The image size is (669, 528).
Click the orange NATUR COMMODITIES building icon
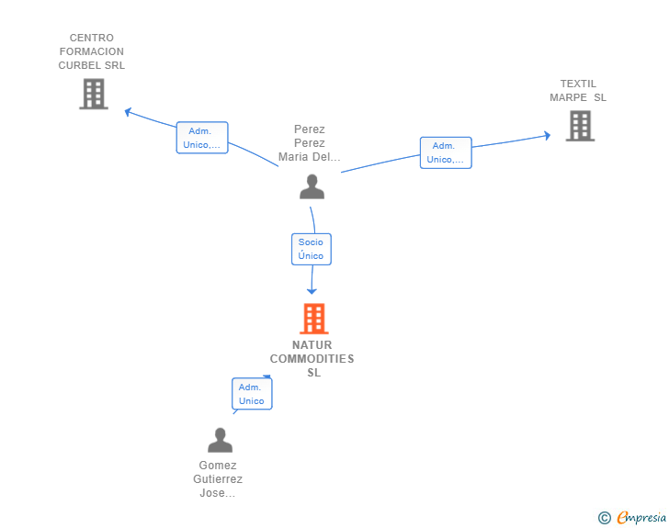tap(314, 318)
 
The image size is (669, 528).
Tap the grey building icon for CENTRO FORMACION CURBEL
tap(94, 94)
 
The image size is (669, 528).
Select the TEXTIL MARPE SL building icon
tap(580, 126)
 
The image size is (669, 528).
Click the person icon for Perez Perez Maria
tap(312, 186)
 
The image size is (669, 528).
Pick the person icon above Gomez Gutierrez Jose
tap(221, 440)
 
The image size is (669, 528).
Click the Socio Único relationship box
tap(312, 249)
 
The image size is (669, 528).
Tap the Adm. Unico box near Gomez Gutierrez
tap(252, 394)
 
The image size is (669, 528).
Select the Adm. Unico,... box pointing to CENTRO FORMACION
tap(202, 138)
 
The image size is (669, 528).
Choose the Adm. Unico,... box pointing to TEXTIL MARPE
tap(446, 152)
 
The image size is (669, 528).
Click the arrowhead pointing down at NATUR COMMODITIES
tap(312, 291)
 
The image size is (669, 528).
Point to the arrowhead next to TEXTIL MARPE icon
tap(548, 136)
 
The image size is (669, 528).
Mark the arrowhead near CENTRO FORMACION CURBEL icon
tap(128, 112)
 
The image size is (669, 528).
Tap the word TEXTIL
tap(578, 84)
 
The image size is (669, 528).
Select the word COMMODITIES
tap(312, 359)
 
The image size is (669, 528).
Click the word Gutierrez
tap(218, 479)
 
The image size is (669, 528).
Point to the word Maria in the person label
tap(292, 157)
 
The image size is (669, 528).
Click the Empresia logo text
tap(641, 518)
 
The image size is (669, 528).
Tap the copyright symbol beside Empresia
tap(605, 518)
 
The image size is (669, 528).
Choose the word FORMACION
tap(92, 51)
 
